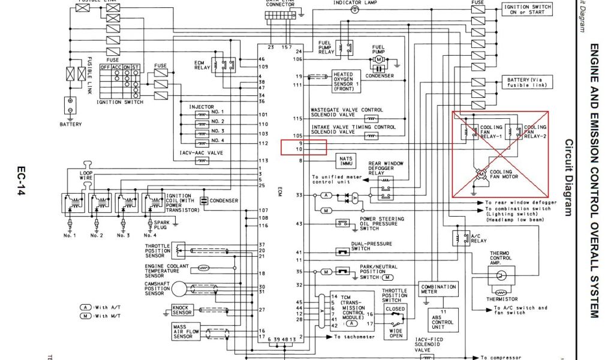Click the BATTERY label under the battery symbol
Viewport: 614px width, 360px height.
pyautogui.click(x=70, y=125)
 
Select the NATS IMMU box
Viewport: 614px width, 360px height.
pyautogui.click(x=346, y=160)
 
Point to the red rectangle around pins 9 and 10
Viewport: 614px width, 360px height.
pyautogui.click(x=303, y=147)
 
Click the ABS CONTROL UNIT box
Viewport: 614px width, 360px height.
pyautogui.click(x=442, y=319)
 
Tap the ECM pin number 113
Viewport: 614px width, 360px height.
pyautogui.click(x=263, y=161)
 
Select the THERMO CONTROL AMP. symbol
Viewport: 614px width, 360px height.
pyautogui.click(x=500, y=275)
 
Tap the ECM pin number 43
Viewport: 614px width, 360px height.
pyautogui.click(x=299, y=224)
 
